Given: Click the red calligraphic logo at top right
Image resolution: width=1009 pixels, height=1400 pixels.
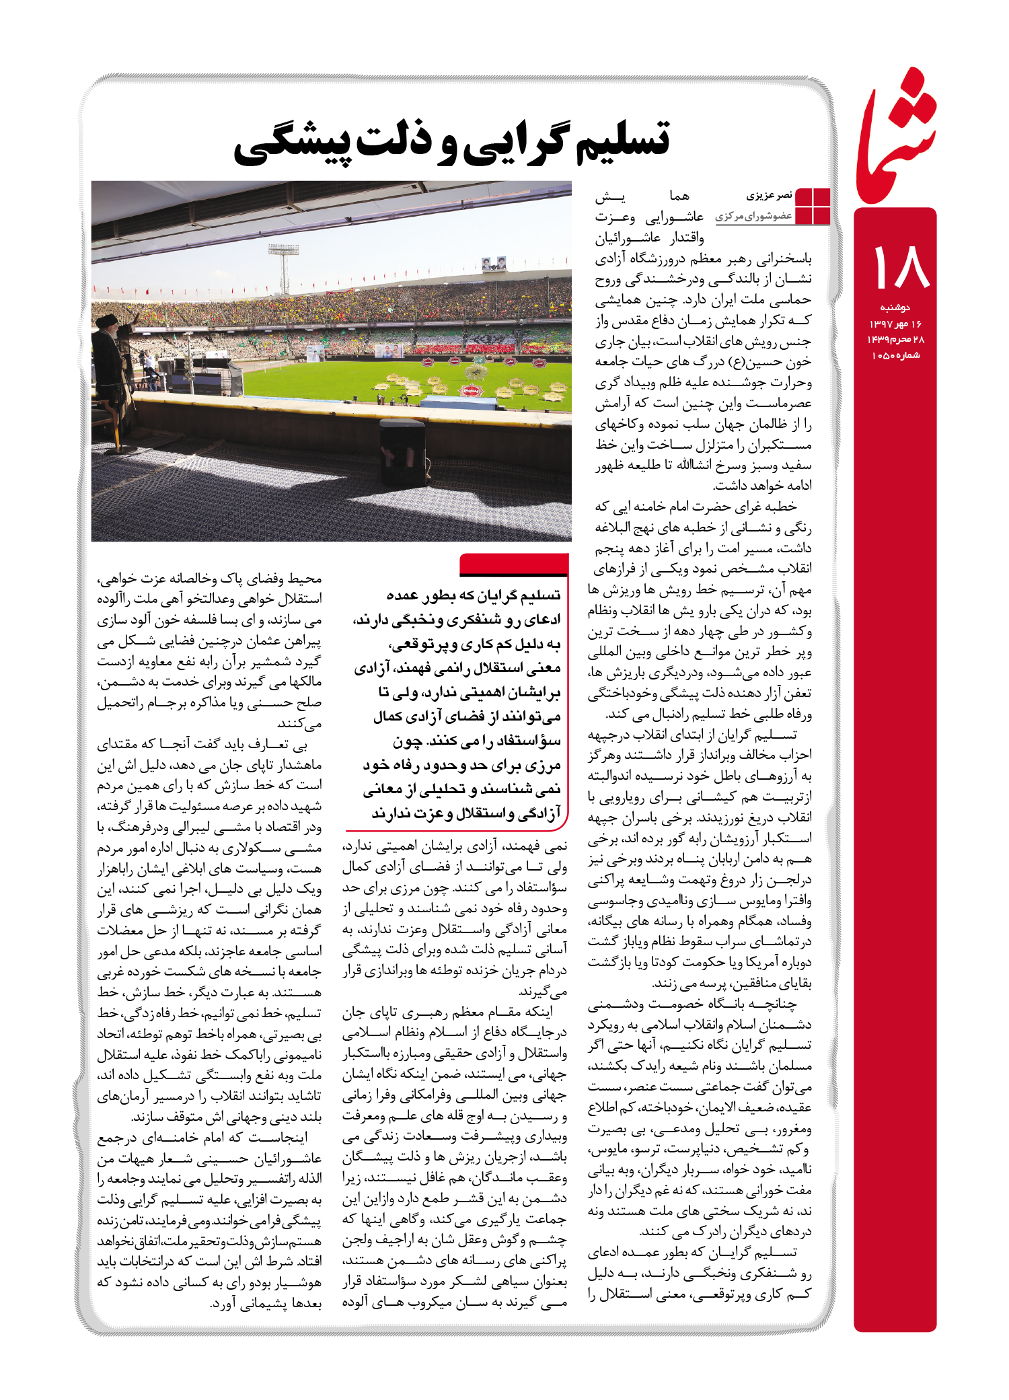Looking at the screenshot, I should (897, 138).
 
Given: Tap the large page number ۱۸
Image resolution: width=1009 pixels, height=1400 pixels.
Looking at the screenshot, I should (901, 266).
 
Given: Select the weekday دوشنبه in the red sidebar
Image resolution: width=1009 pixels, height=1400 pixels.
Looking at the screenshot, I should (895, 307).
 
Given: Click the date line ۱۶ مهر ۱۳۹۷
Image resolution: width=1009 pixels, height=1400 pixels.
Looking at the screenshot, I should (895, 324).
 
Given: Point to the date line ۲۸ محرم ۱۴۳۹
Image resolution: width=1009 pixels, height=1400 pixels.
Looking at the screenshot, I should (895, 340).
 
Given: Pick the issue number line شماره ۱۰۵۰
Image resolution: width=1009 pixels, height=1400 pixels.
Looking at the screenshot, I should (895, 355).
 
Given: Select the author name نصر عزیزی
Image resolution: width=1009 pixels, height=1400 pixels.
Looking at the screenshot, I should (769, 196).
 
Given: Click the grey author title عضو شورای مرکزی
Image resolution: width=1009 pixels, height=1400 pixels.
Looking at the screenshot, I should (753, 216).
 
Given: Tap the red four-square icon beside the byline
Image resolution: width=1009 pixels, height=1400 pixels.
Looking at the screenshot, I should (813, 206).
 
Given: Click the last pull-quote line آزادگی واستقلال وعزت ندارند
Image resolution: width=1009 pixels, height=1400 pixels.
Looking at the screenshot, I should (465, 813).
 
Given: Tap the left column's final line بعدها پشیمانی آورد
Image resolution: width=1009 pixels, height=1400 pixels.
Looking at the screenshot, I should (266, 1303).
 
